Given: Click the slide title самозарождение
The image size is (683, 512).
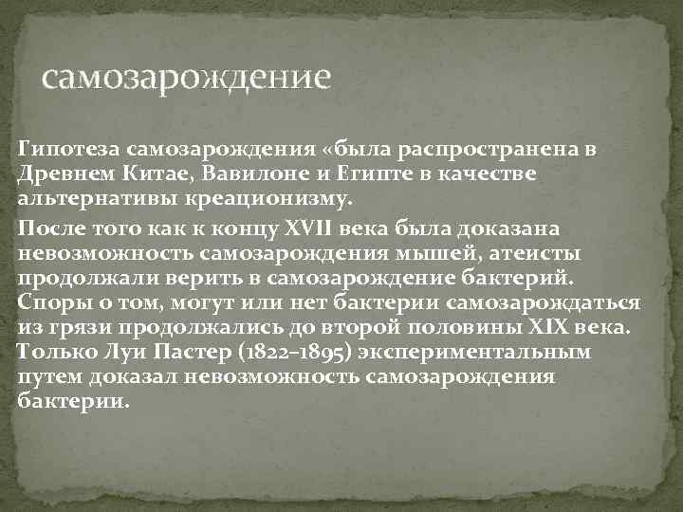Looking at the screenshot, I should coord(187,75).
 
